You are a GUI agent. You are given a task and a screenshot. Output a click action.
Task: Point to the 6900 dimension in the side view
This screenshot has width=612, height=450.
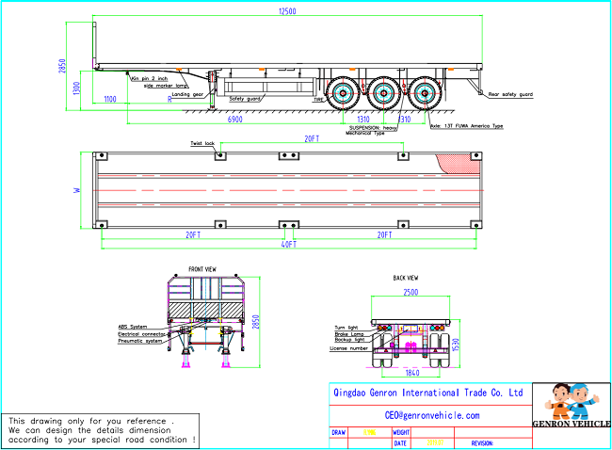coord(234,120)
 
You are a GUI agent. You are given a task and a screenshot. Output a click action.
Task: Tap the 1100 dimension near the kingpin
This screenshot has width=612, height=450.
coord(110,98)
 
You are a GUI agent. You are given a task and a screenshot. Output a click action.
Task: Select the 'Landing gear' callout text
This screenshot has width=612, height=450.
coord(187,94)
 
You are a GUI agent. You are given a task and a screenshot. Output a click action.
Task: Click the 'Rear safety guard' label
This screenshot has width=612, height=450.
coord(510,94)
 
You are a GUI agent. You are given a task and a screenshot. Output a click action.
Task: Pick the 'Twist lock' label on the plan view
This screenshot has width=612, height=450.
coord(202,143)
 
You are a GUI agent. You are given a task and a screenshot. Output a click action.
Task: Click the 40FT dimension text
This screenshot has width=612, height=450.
coord(287,245)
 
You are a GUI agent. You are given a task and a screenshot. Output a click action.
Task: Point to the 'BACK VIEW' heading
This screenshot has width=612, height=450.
coord(407,278)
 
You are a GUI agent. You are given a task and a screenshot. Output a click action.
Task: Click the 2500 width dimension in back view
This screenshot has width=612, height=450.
coord(410,294)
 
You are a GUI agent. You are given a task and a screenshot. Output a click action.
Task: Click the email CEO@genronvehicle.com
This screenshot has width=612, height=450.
coord(431,414)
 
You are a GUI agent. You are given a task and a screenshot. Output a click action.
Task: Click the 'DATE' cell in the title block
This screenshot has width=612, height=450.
coord(400,442)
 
